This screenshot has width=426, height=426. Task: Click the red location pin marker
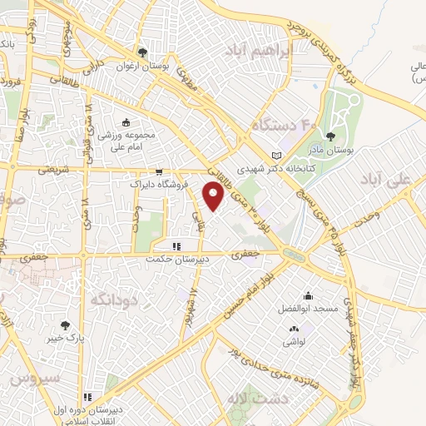pos(214,196)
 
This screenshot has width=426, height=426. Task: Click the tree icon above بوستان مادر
pos(332,136)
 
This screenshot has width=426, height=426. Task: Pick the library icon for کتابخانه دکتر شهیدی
pos(277,155)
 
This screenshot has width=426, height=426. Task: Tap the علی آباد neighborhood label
pos(394,179)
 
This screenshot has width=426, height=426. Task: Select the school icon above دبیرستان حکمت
pos(176,246)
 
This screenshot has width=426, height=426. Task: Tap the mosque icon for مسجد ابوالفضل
pos(309,295)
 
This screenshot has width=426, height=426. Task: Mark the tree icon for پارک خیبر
pos(65,325)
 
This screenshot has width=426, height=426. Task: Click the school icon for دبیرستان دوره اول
pos(87,397)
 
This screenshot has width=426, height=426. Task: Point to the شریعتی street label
pos(50,169)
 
